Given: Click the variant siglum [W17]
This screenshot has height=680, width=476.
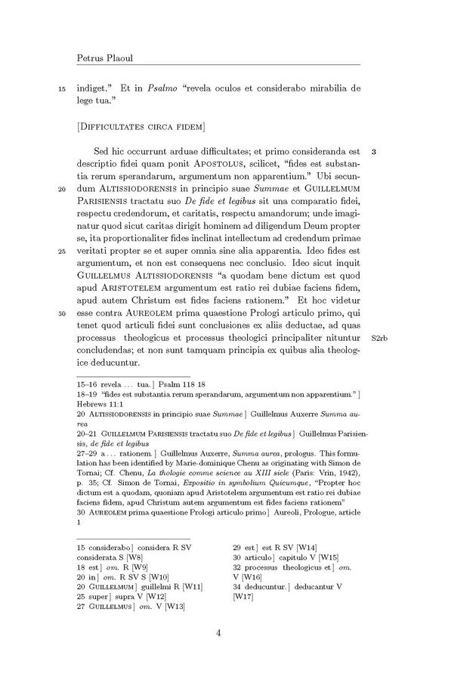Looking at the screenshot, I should (x=243, y=596).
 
